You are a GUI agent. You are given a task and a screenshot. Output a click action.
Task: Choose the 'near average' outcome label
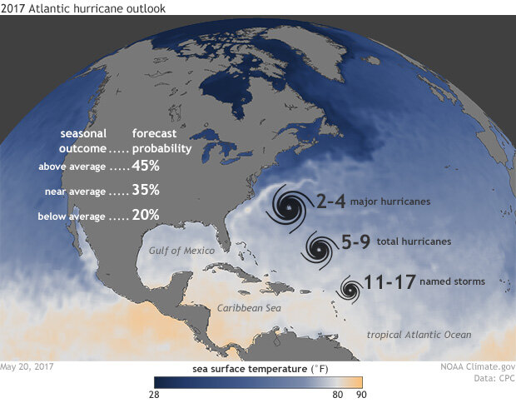[74, 192]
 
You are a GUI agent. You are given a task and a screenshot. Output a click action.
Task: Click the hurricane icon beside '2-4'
[288, 205]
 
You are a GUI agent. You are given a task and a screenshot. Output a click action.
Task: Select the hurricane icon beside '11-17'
[350, 289]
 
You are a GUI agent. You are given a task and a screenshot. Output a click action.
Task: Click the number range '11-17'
[390, 282]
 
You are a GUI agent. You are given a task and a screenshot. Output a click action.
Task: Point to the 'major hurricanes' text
[388, 202]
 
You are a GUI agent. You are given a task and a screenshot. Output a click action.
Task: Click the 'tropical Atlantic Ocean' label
[419, 335]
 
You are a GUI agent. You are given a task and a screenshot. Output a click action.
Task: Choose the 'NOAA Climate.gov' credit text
[477, 366]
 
